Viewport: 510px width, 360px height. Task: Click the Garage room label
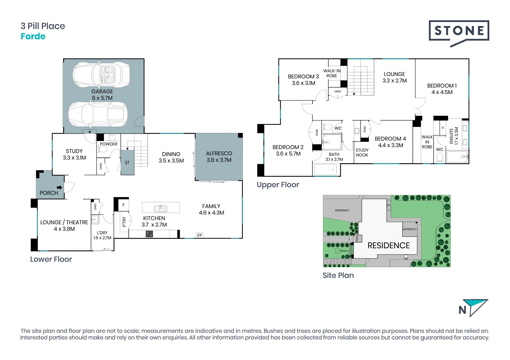tap(102, 91)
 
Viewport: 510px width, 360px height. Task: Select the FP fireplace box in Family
tap(200, 235)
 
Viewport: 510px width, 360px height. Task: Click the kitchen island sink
tap(161, 208)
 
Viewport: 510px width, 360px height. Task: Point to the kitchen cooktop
tap(149, 234)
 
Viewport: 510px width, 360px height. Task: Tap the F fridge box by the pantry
tap(124, 205)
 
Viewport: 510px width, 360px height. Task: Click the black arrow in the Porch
tap(59, 187)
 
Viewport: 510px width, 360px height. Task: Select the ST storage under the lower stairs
tap(127, 162)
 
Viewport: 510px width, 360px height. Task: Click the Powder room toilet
tap(103, 149)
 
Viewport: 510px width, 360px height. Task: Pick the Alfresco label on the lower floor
tap(219, 153)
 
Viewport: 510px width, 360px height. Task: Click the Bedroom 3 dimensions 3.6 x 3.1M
tap(304, 83)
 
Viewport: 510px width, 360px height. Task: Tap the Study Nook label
tap(362, 153)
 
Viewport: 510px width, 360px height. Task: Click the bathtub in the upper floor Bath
tap(326, 170)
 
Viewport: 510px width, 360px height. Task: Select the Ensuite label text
tap(451, 136)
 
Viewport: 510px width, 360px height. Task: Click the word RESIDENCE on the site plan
tap(389, 246)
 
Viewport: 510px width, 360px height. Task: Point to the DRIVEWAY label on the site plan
tap(342, 211)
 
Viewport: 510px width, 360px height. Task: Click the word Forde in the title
tap(33, 36)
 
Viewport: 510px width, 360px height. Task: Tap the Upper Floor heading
tap(278, 185)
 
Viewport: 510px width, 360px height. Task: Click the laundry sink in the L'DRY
tap(95, 220)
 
